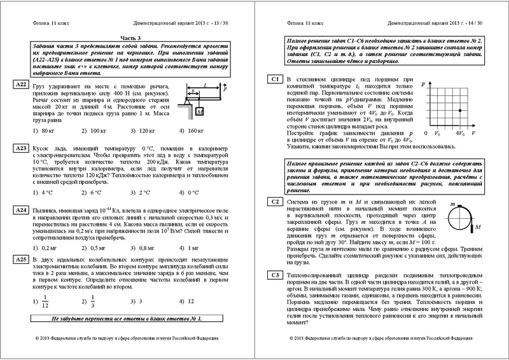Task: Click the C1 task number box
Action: [x=274, y=97]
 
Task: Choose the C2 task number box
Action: [x=274, y=202]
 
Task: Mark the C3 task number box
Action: [x=274, y=275]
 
